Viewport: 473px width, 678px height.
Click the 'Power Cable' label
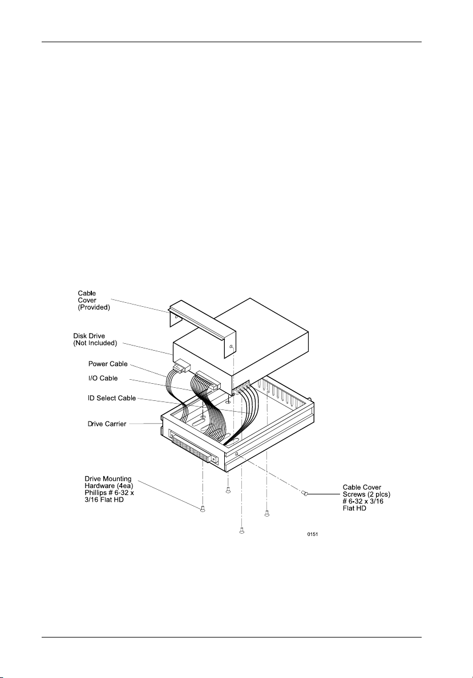point(107,364)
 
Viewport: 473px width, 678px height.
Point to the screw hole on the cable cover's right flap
point(231,347)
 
